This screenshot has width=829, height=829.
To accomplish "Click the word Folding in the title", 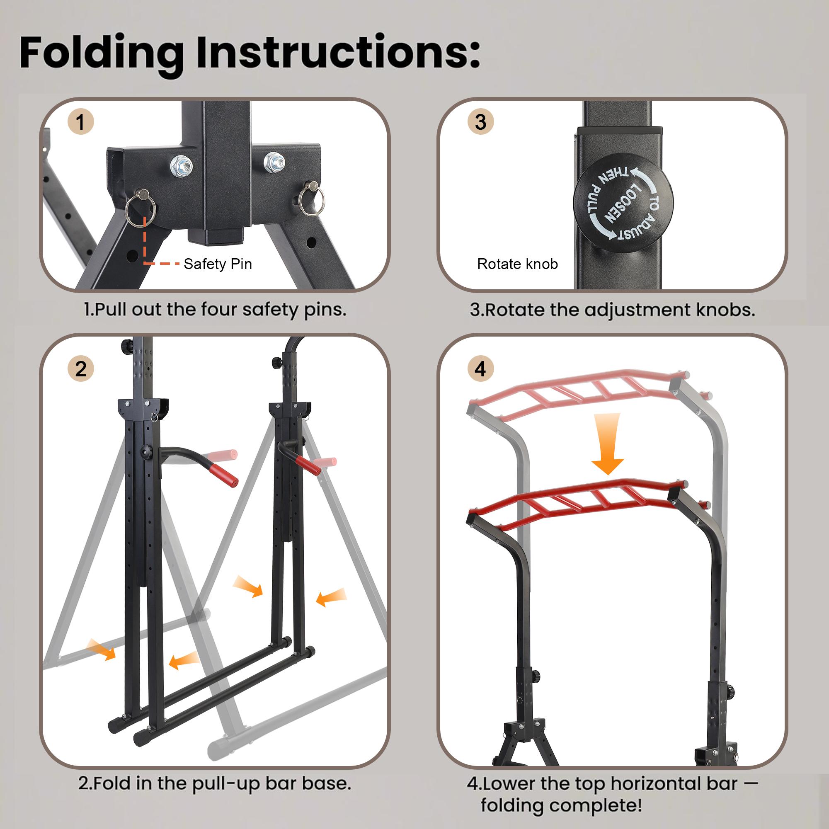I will [x=101, y=53].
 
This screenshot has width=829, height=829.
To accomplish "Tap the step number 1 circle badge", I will [x=81, y=122].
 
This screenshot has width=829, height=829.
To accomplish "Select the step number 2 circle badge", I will [x=81, y=369].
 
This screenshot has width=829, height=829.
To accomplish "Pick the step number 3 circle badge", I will [x=480, y=122].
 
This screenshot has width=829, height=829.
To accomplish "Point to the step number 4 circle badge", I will [x=480, y=369].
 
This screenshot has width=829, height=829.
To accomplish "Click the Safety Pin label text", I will [x=218, y=264].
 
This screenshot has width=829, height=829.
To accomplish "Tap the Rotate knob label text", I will [x=517, y=264].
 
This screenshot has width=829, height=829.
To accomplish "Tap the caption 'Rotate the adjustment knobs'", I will [x=612, y=309].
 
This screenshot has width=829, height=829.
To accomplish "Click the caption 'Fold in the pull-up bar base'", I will [x=215, y=783].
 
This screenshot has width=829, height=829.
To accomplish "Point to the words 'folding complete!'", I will [x=561, y=805].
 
